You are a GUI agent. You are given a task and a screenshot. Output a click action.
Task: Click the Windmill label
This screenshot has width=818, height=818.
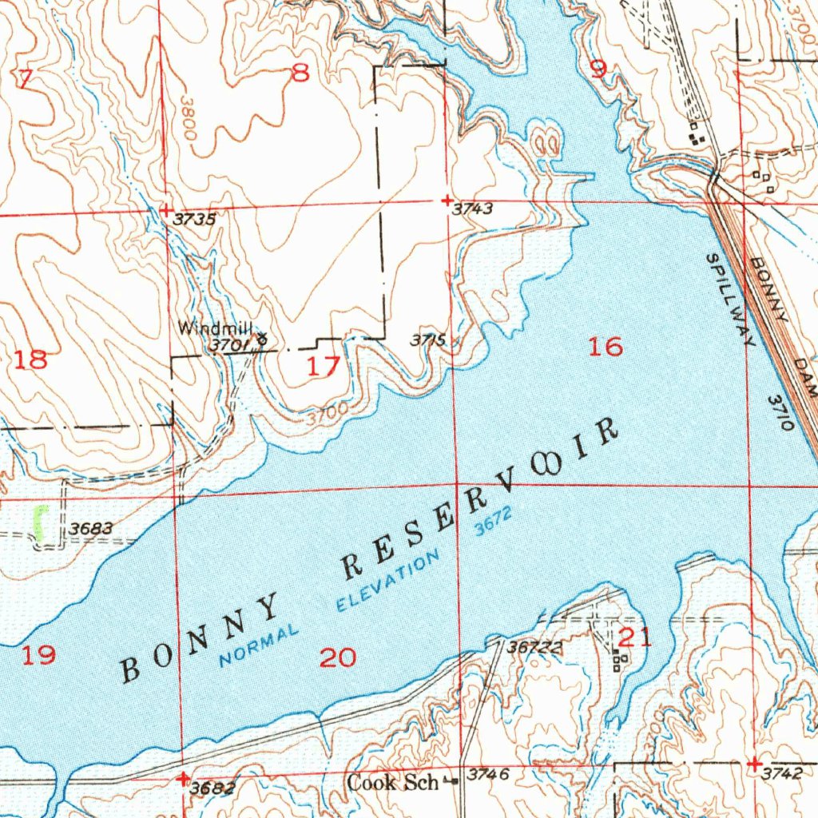pos(215,328)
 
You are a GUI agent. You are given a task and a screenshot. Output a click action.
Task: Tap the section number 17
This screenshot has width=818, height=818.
pos(324,367)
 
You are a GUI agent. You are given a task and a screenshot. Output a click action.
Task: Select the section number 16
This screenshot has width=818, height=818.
pos(605,347)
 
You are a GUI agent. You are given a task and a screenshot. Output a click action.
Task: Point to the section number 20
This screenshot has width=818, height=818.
pos(337,657)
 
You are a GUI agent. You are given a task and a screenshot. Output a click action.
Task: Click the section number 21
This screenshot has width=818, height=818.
pos(636,637)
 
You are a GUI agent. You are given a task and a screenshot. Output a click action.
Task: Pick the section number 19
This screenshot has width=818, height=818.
pos(38,656)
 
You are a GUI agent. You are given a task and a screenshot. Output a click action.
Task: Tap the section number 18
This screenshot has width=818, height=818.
pos(31,359)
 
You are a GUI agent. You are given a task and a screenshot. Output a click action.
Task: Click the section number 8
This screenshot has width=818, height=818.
pos(300,74)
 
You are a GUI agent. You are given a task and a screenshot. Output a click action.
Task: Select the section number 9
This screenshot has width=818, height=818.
pos(597,69)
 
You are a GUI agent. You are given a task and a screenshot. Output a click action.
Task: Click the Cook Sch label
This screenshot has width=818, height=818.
pos(392,782)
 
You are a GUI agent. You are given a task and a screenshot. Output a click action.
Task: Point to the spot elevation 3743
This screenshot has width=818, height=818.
pos(471,210)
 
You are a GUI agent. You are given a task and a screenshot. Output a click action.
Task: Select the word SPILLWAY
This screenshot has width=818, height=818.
pos(730,300)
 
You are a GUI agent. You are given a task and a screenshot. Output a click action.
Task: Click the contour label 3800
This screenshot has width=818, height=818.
pos(188,120)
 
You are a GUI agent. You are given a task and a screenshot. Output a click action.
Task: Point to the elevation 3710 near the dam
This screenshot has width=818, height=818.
pos(780,412)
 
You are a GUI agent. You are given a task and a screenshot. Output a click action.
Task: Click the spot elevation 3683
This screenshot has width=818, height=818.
pos(90,529)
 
